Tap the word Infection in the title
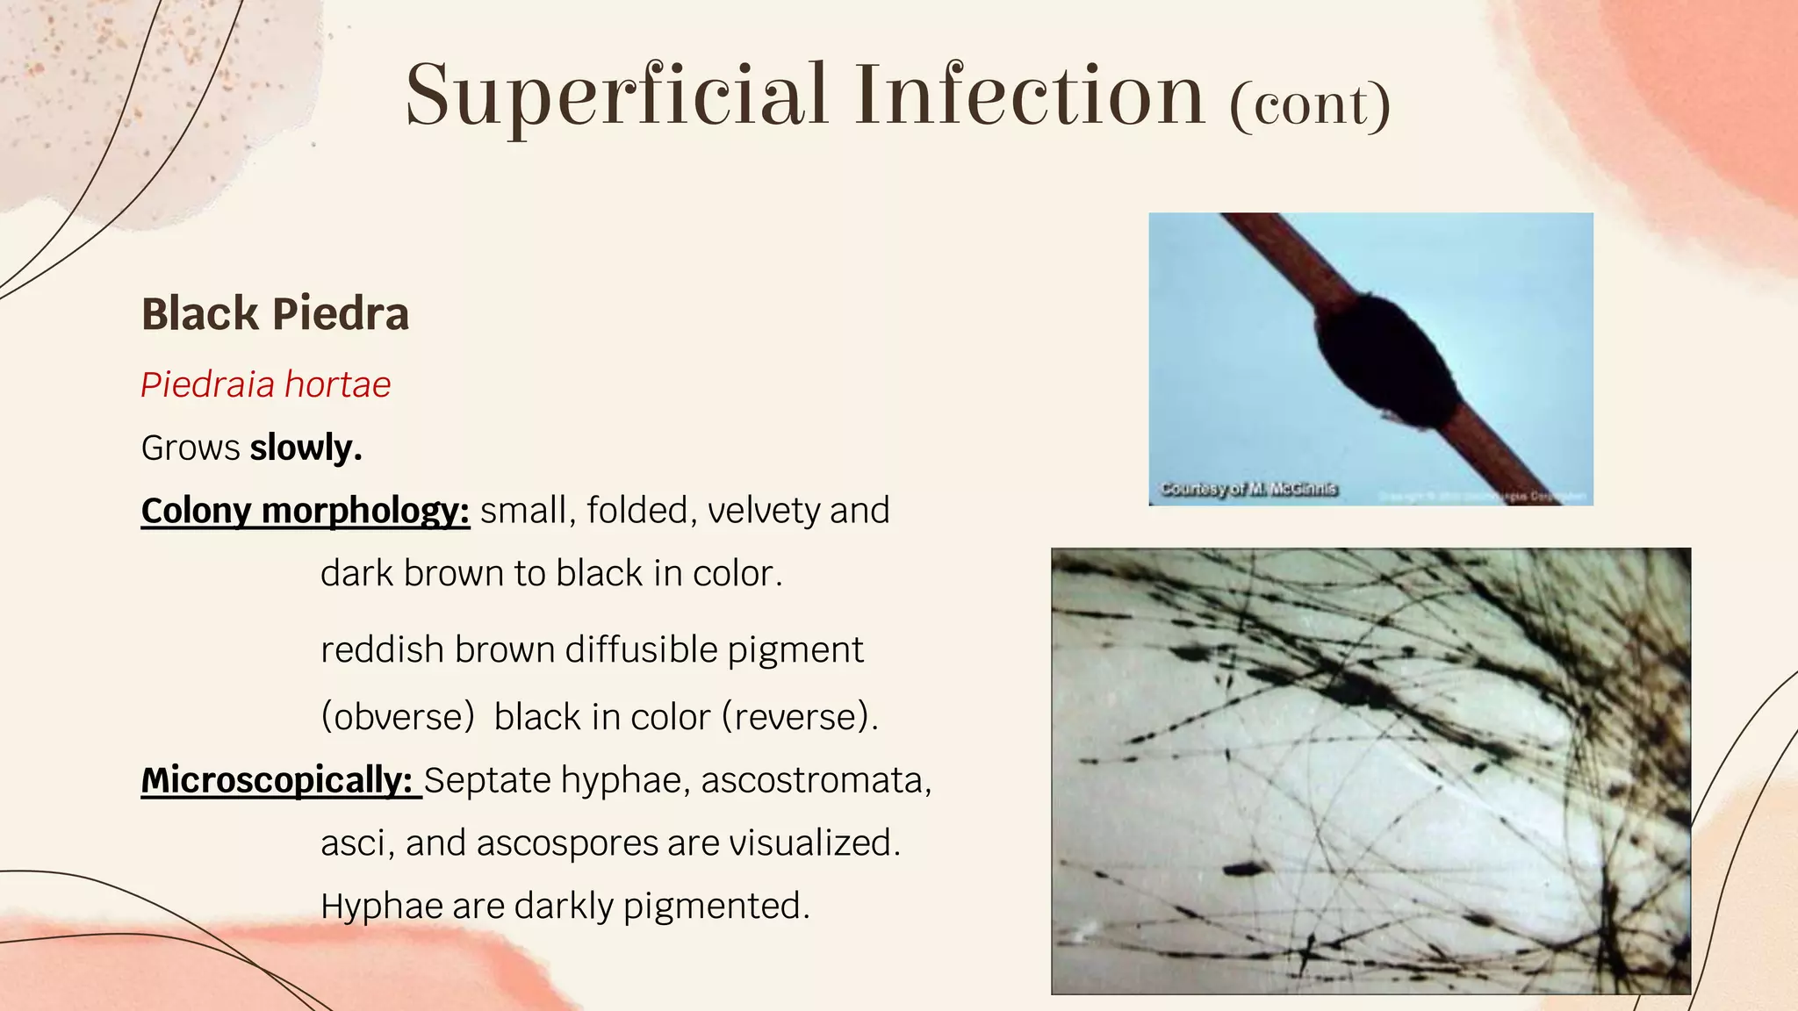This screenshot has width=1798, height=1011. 1030,95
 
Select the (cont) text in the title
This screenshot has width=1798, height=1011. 1310,105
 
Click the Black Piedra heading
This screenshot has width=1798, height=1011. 275,314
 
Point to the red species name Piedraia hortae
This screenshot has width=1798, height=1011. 265,384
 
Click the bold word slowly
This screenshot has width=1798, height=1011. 306,448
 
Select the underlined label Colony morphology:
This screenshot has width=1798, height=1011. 306,511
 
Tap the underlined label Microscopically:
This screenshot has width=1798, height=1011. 277,779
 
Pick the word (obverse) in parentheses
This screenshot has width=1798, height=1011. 398,716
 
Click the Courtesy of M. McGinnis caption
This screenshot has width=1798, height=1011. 1248,489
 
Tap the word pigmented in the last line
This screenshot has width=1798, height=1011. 716,906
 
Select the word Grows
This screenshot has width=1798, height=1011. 191,448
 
